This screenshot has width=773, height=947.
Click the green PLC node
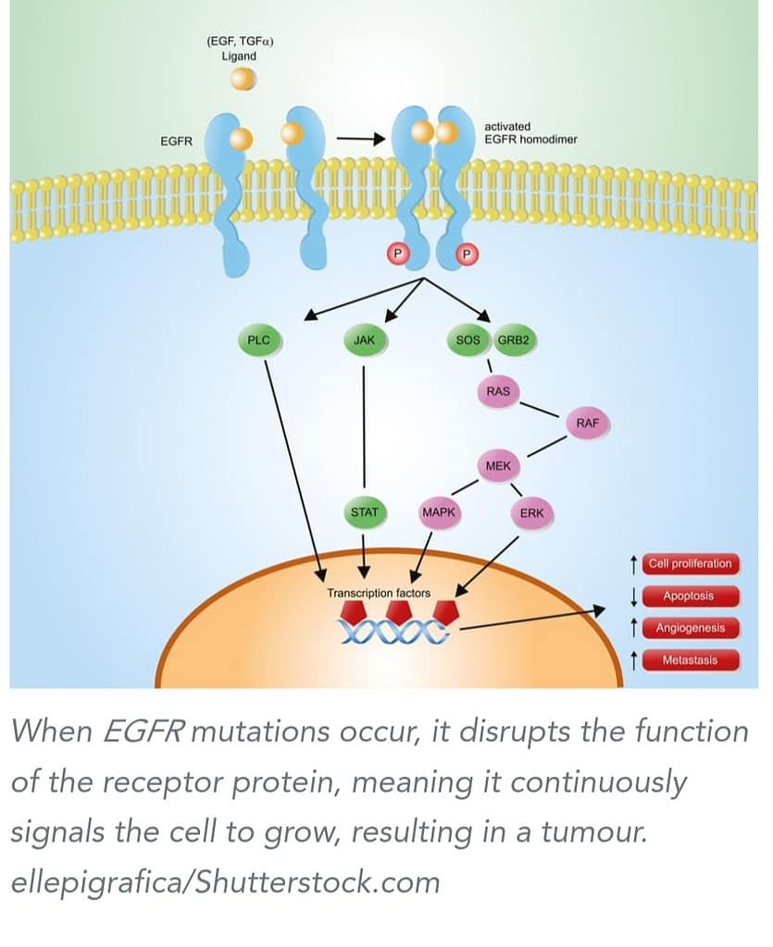pyautogui.click(x=259, y=340)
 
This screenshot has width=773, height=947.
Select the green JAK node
pyautogui.click(x=364, y=340)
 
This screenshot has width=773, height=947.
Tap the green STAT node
pyautogui.click(x=363, y=511)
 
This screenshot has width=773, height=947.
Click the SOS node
pyautogui.click(x=468, y=340)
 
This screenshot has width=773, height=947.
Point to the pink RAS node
pyautogui.click(x=498, y=391)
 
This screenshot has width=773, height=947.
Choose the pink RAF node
pyautogui.click(x=587, y=424)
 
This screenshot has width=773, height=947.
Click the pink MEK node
pyautogui.click(x=498, y=466)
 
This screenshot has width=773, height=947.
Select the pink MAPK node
pyautogui.click(x=439, y=511)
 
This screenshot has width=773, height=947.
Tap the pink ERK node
pyautogui.click(x=531, y=512)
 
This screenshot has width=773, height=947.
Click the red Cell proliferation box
pyautogui.click(x=690, y=563)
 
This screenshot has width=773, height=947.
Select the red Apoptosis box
pyautogui.click(x=688, y=596)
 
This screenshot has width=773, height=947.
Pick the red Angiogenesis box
pyautogui.click(x=690, y=628)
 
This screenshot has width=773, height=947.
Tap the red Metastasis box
pyautogui.click(x=690, y=660)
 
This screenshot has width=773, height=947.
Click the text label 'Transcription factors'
pyautogui.click(x=379, y=592)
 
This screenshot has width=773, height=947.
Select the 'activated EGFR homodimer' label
pyautogui.click(x=530, y=132)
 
